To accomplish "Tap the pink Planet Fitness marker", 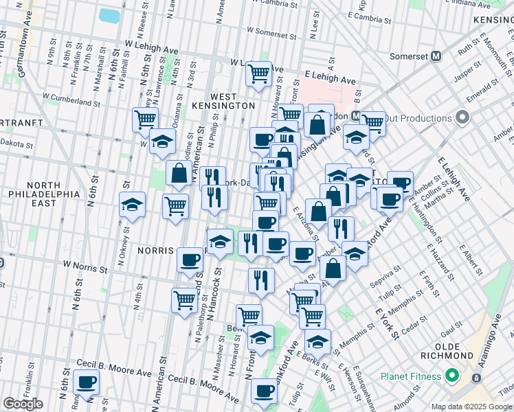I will (451, 376).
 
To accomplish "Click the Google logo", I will (23, 404).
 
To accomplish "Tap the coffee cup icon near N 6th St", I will (86, 382).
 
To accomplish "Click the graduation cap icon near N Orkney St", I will (132, 205).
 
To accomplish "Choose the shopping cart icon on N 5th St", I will (145, 119).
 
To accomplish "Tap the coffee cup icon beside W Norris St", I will (190, 260).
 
